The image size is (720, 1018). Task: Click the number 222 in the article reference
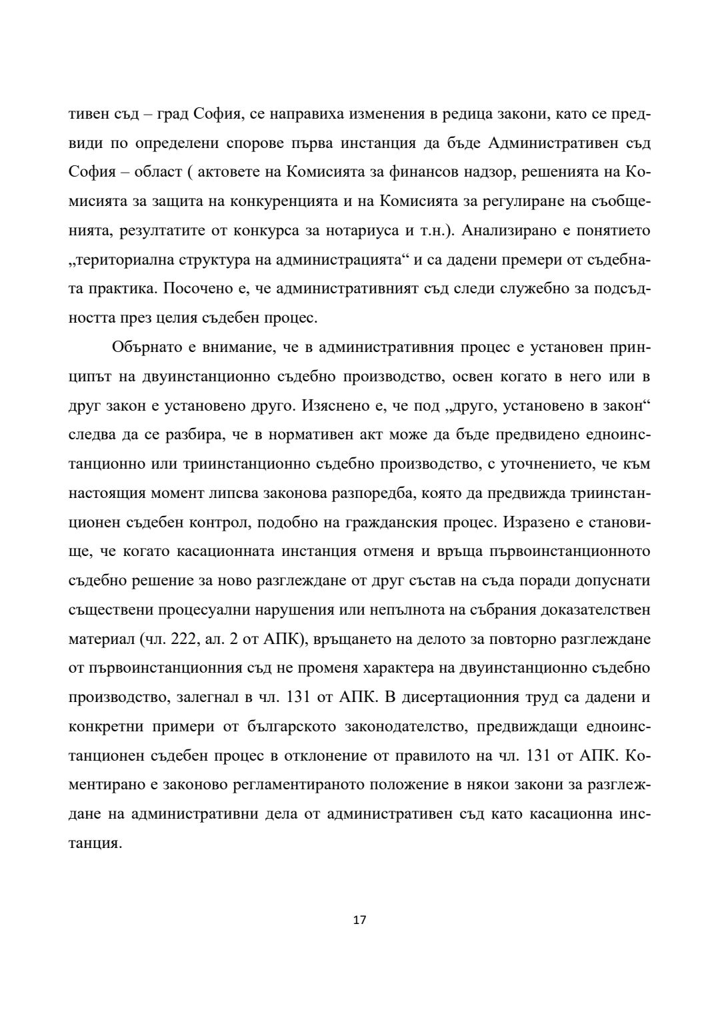coord(183,638)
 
